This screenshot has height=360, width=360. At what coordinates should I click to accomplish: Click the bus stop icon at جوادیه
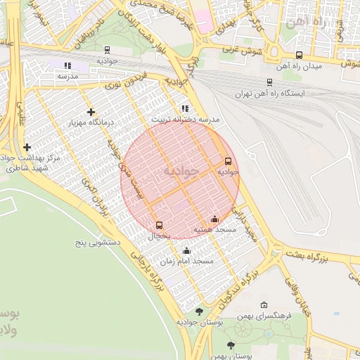point(227,161)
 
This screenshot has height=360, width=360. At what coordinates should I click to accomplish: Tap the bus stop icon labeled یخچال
point(159,226)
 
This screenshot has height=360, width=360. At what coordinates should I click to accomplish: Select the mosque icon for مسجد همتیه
point(214,219)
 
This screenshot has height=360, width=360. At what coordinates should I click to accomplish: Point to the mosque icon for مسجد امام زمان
point(186,251)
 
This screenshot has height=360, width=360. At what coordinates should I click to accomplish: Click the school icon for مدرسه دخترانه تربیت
point(185,109)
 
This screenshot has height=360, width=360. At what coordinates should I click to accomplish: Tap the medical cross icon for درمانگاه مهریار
point(91,112)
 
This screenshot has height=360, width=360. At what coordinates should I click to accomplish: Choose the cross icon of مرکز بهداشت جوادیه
point(27,147)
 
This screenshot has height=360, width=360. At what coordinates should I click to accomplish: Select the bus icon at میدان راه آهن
point(299,55)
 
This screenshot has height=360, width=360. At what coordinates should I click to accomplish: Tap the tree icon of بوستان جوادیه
point(199,311)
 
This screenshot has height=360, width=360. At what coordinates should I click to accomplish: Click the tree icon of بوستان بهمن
point(231,345)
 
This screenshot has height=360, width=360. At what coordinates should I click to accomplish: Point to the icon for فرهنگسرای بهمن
point(264,305)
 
